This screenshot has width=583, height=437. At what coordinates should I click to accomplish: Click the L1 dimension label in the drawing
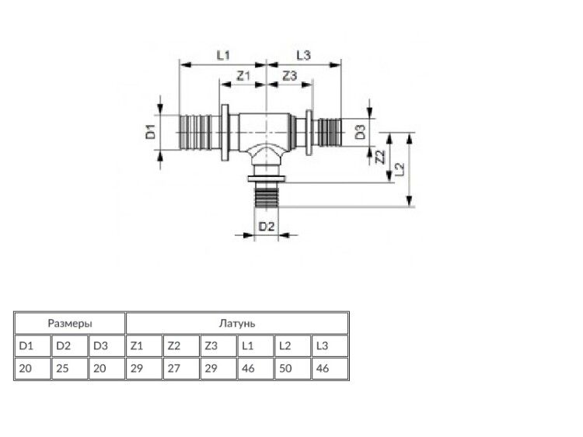(x=223, y=55)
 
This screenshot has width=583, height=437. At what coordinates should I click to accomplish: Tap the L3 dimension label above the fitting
(x=303, y=55)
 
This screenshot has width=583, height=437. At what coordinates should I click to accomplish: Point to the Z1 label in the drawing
(x=243, y=76)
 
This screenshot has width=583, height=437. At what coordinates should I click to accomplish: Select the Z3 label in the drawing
(x=290, y=76)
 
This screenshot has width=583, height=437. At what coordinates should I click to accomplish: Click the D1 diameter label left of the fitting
(x=150, y=132)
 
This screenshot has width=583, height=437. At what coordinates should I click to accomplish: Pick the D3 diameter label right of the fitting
(x=360, y=132)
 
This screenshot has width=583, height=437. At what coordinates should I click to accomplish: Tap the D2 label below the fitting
(x=266, y=226)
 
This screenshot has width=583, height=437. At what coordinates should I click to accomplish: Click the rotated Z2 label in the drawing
(x=380, y=157)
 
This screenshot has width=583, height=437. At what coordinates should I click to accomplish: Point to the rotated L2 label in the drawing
(x=400, y=169)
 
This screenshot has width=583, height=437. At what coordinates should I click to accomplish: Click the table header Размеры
(x=70, y=324)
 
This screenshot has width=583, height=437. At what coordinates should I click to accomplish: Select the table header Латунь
(x=237, y=324)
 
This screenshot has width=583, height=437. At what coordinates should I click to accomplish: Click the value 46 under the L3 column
(x=323, y=369)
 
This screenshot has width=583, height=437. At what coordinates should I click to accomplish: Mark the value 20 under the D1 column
(x=26, y=369)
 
